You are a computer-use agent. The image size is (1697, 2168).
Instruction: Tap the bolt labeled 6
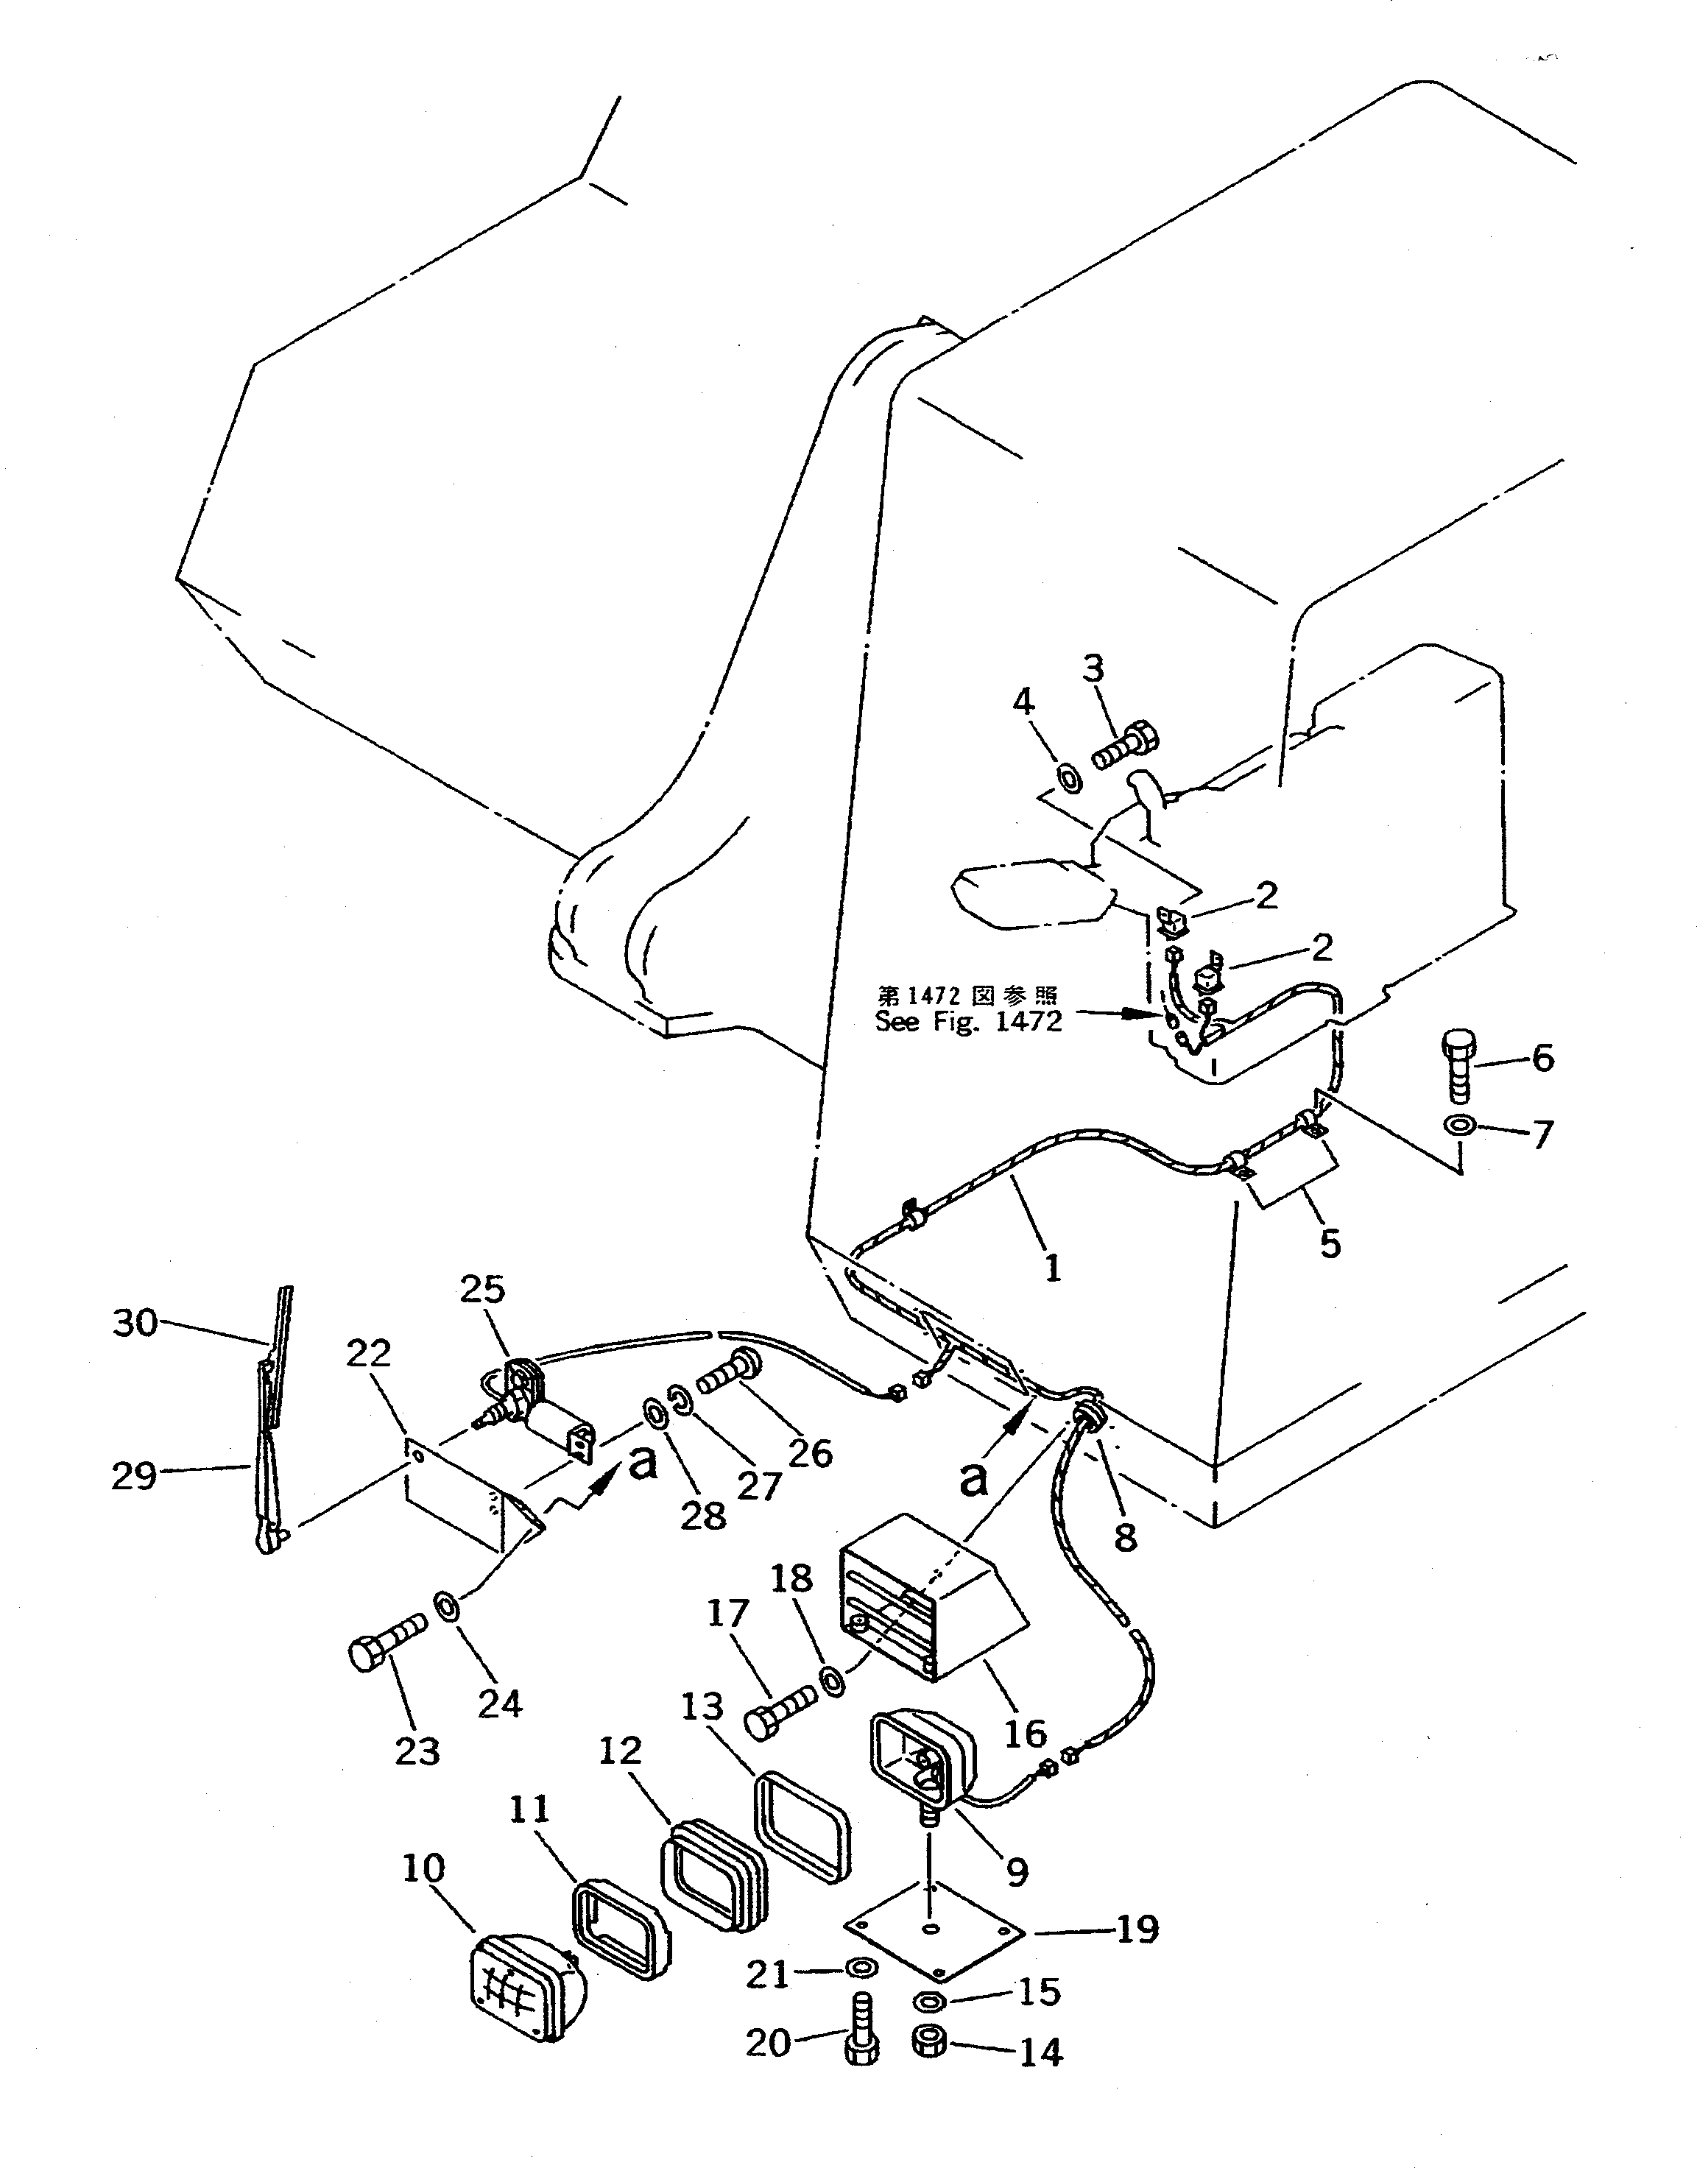[1458, 1066]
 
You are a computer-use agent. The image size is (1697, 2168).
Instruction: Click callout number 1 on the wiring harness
[1052, 1267]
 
